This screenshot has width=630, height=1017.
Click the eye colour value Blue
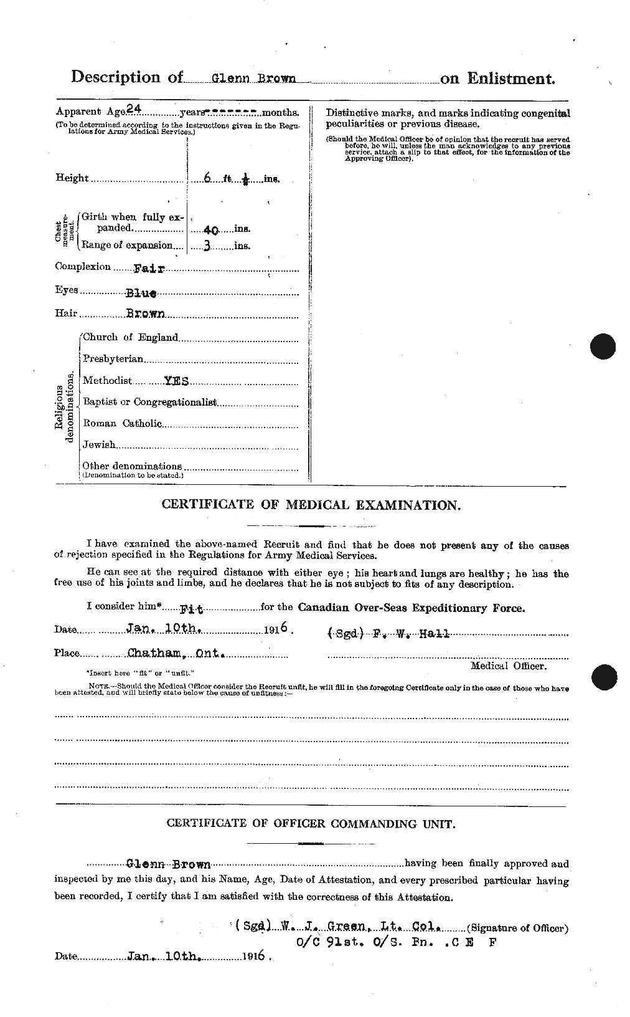141,292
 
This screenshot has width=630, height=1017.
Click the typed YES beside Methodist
176,381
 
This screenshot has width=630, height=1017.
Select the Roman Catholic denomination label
122,424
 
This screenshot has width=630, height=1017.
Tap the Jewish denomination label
100,445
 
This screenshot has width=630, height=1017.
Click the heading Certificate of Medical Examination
311,505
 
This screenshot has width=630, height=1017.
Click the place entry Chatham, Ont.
176,654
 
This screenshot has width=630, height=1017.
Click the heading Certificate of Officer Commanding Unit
311,823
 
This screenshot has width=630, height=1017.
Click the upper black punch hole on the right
603,346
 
